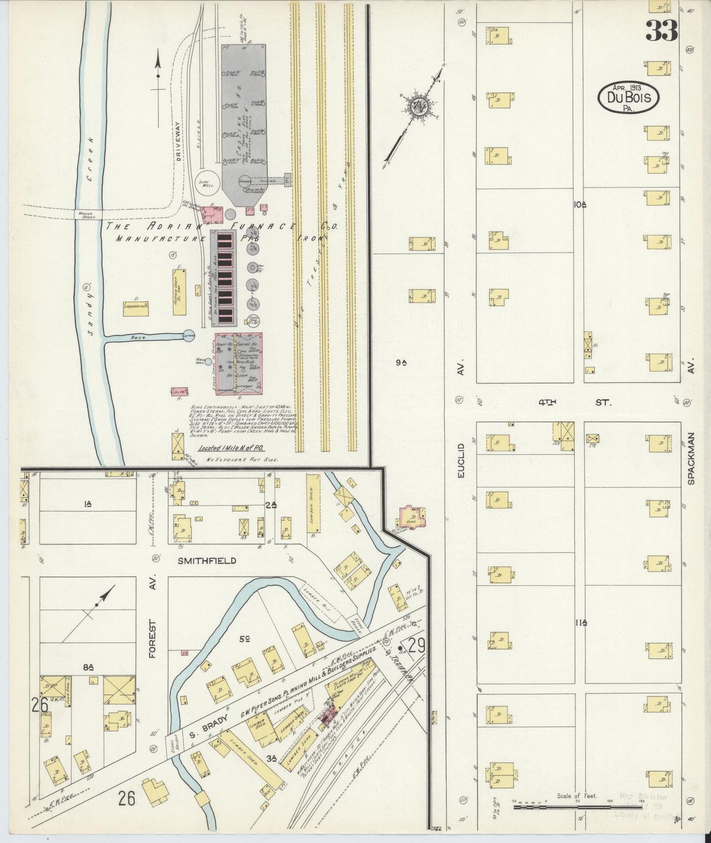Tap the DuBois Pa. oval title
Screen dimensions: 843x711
(628, 98)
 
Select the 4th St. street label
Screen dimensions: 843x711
(575, 402)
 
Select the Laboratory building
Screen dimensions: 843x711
(135, 307)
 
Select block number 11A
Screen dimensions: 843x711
(581, 623)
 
